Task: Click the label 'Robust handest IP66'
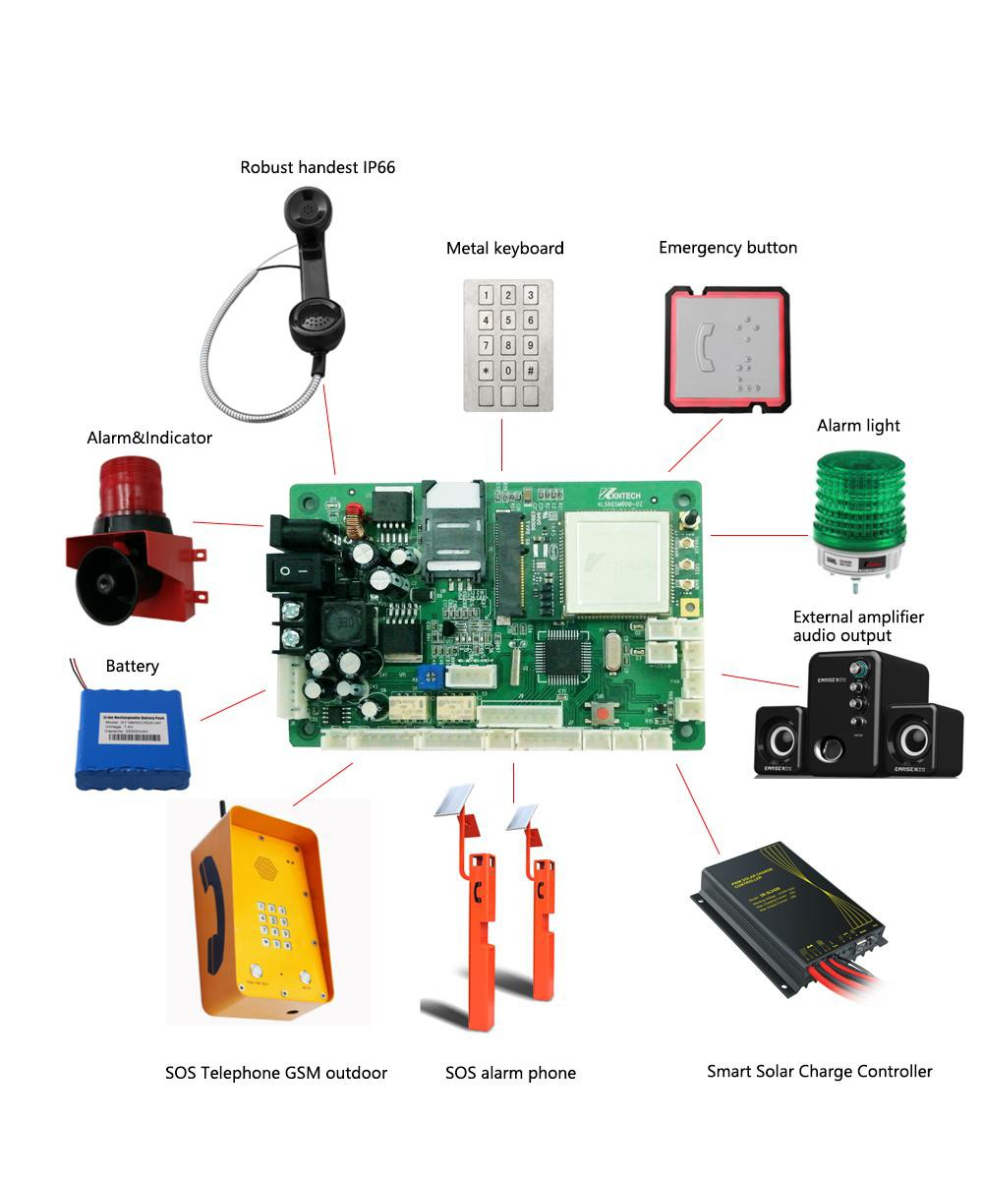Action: (x=318, y=167)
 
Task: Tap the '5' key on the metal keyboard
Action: (x=508, y=320)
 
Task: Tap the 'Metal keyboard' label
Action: (x=505, y=248)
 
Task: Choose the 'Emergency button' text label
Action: (x=727, y=248)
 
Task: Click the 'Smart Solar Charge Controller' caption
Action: (x=819, y=1071)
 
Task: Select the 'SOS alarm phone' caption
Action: (x=510, y=1073)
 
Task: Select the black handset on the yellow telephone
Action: (x=210, y=900)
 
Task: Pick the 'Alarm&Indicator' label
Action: (x=149, y=438)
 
